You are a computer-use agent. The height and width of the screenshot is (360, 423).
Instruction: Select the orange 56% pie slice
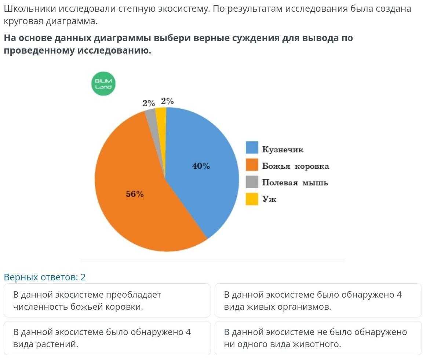[139, 206]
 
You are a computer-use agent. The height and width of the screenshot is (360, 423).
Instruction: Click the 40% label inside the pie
[201, 166]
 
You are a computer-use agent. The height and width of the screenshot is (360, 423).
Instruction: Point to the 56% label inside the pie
[135, 194]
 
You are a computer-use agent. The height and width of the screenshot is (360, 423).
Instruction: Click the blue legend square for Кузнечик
[252, 148]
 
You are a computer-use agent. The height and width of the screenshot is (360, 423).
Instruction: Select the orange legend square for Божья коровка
[252, 165]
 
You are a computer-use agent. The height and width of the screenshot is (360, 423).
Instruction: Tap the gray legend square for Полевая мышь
[252, 182]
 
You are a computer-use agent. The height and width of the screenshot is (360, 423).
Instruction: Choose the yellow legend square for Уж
[252, 199]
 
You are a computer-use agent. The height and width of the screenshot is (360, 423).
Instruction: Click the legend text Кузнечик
[282, 149]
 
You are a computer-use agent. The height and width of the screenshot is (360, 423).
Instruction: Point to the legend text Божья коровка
[295, 166]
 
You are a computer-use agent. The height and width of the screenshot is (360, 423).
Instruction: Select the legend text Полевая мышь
[295, 183]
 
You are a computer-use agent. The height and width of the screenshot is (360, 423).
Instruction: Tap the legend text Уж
[269, 199]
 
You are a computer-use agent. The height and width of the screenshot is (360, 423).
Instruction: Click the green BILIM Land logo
[103, 84]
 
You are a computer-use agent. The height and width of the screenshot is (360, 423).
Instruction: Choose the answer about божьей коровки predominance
[107, 301]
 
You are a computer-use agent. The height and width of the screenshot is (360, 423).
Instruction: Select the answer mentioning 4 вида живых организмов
[318, 301]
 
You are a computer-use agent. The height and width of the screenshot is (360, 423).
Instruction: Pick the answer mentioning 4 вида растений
[107, 338]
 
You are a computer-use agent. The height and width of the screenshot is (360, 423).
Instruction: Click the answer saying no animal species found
[318, 338]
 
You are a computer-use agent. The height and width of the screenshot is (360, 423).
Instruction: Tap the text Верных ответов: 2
[45, 277]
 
